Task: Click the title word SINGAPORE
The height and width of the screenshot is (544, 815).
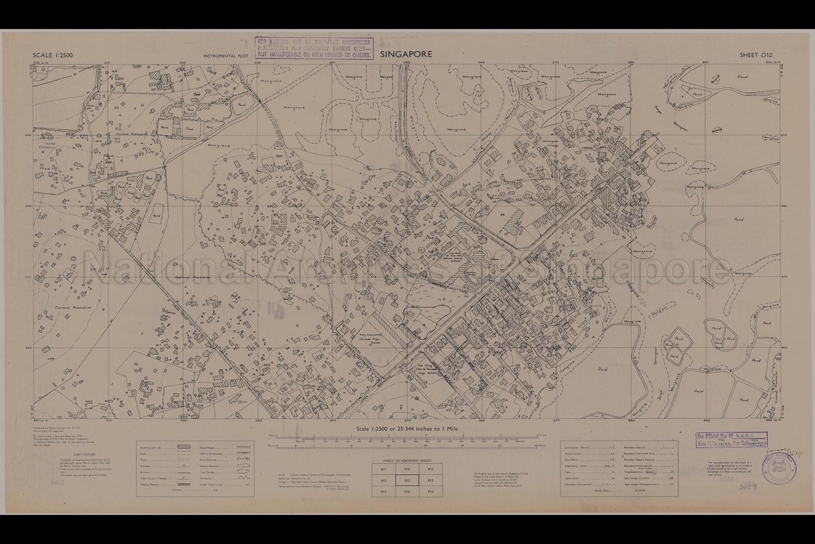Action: [x=406, y=54]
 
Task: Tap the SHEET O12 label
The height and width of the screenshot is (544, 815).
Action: [x=756, y=55]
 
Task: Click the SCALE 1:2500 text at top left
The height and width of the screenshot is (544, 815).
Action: [x=53, y=55]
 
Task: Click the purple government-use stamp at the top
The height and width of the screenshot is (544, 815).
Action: [x=314, y=48]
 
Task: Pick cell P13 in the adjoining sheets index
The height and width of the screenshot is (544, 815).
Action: [x=430, y=492]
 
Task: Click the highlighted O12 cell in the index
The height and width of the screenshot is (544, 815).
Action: [x=407, y=481]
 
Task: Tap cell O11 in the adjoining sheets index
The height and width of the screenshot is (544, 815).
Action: [x=407, y=469]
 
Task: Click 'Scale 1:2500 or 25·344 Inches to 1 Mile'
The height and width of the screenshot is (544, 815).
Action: [x=407, y=428]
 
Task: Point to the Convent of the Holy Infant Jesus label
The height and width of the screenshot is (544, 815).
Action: [x=455, y=257]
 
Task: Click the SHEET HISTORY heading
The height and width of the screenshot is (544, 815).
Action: [x=84, y=455]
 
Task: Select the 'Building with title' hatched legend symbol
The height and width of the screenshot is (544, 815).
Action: [x=183, y=449]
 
